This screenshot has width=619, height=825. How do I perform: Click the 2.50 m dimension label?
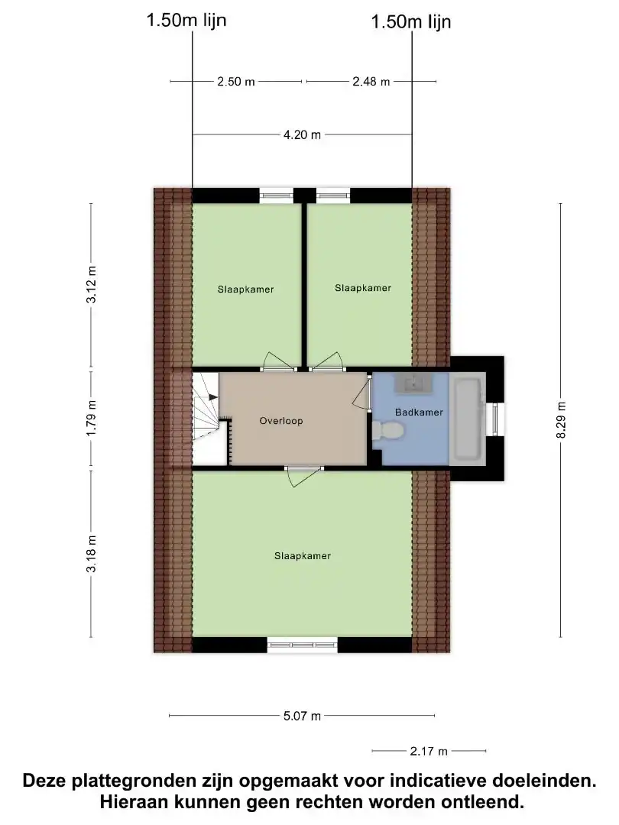click(236, 82)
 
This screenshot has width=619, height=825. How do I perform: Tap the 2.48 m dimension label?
click(371, 82)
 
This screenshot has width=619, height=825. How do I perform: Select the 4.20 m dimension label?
click(302, 134)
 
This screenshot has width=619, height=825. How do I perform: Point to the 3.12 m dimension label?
click(92, 284)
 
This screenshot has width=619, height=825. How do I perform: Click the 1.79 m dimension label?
click(92, 419)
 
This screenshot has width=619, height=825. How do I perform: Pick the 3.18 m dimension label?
click(92, 554)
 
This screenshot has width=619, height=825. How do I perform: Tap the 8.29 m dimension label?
click(561, 420)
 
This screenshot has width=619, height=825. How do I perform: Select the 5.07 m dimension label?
click(302, 716)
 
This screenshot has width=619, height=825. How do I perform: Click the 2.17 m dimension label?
click(429, 752)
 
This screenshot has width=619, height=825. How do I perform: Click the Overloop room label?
click(281, 421)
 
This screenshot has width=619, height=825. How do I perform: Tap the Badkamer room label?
click(419, 412)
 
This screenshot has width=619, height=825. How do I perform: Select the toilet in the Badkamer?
click(387, 431)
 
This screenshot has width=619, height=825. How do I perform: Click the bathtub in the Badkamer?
click(468, 419)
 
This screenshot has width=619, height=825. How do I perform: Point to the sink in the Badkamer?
click(414, 383)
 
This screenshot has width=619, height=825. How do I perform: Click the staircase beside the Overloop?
click(206, 419)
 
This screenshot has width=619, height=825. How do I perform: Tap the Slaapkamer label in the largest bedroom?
click(303, 555)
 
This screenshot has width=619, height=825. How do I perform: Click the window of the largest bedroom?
click(302, 645)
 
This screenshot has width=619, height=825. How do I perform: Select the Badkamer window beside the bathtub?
click(494, 419)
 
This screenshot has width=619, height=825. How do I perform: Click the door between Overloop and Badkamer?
click(363, 393)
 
